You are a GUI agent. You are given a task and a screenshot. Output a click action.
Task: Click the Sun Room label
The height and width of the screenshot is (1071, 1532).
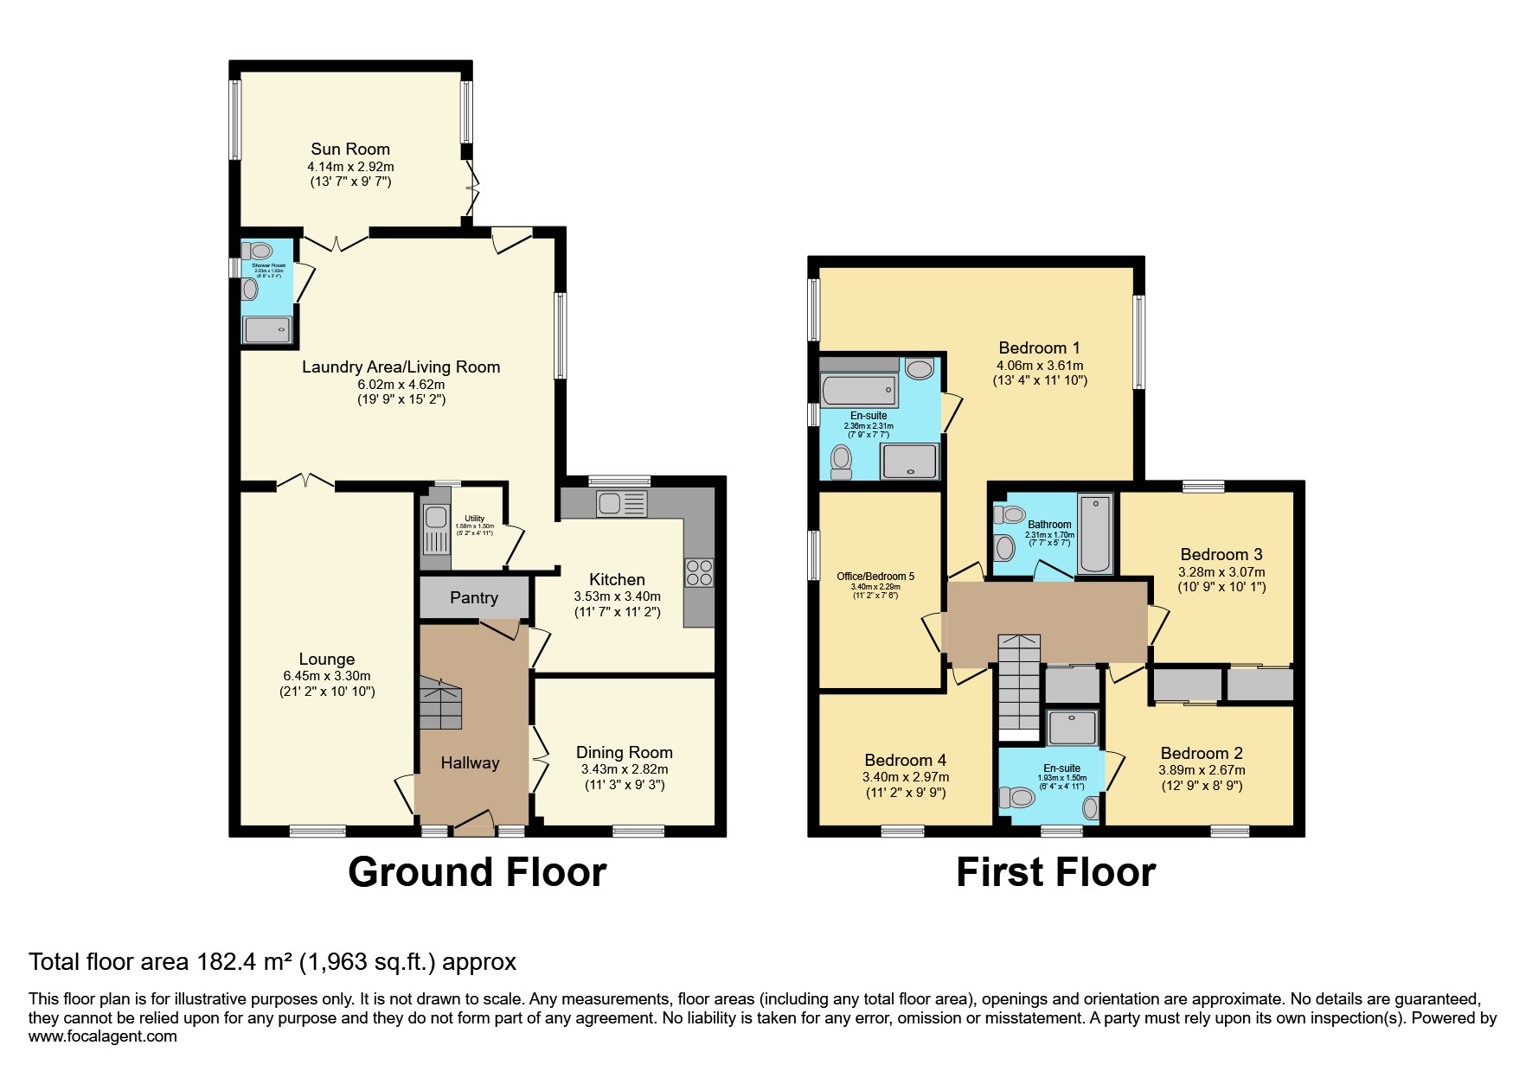pyautogui.click(x=350, y=149)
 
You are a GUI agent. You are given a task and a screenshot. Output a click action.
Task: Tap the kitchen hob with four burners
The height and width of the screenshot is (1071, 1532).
pyautogui.click(x=699, y=573)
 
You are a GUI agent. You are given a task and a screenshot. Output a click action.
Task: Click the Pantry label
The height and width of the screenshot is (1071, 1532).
pyautogui.click(x=474, y=597)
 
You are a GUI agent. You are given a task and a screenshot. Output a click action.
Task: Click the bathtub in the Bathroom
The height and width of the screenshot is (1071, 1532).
pyautogui.click(x=1095, y=533)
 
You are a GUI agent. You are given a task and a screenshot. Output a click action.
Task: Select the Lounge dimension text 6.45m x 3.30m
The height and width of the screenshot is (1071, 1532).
pyautogui.click(x=327, y=676)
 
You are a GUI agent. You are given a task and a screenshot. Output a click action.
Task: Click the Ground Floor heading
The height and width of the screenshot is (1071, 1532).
pyautogui.click(x=477, y=872)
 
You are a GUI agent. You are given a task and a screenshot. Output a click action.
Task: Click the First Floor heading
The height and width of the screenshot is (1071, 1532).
pyautogui.click(x=1055, y=872)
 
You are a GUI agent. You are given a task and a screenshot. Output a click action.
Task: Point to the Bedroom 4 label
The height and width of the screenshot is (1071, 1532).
pyautogui.click(x=905, y=760)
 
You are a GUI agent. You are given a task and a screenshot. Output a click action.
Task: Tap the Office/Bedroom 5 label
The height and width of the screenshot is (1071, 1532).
pyautogui.click(x=875, y=577)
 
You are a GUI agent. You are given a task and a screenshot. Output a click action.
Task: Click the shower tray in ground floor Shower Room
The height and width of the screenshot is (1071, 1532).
pyautogui.click(x=267, y=329)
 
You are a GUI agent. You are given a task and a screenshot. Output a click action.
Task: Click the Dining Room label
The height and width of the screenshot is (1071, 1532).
pyautogui.click(x=624, y=752)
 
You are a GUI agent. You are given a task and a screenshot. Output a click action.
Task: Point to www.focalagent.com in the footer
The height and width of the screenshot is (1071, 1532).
pyautogui.click(x=103, y=1036)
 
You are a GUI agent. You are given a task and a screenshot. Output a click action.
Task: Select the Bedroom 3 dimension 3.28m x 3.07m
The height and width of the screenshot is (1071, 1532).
pyautogui.click(x=1221, y=572)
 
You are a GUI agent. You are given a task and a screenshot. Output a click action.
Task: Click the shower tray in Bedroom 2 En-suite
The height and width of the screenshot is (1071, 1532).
pyautogui.click(x=1073, y=728)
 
